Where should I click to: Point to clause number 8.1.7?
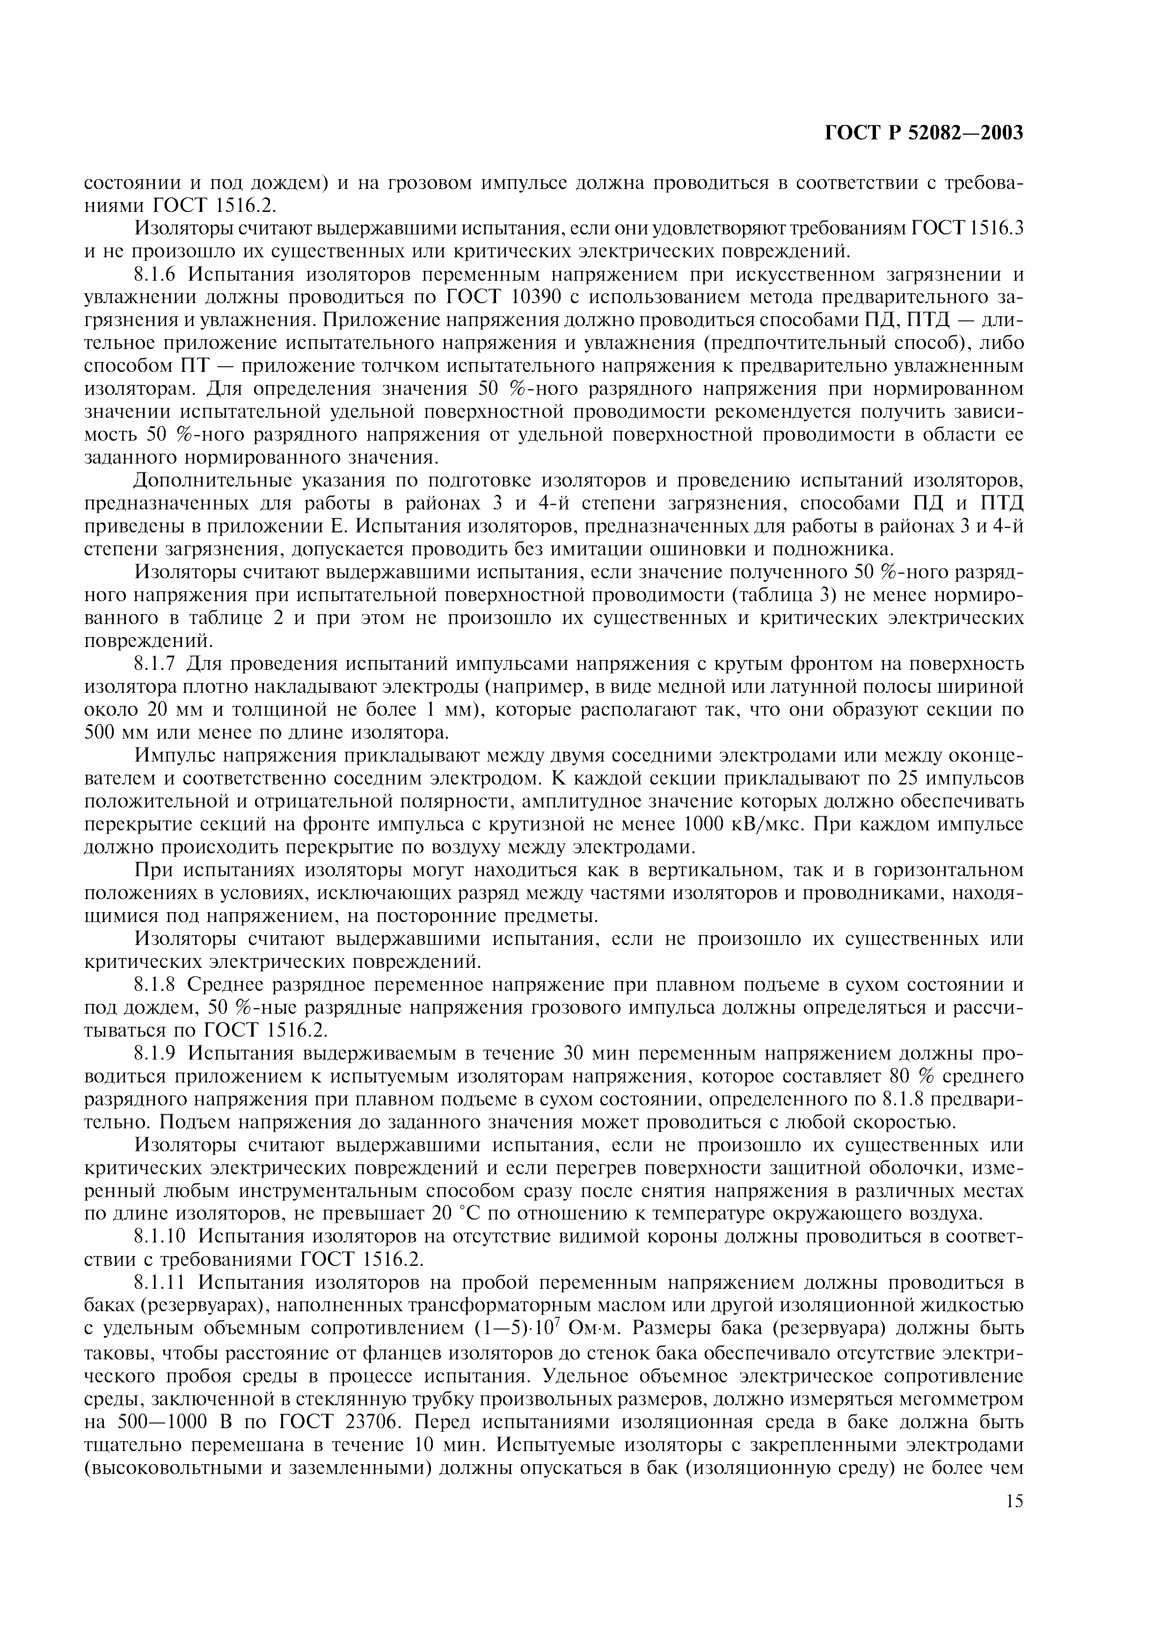pos(159,664)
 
